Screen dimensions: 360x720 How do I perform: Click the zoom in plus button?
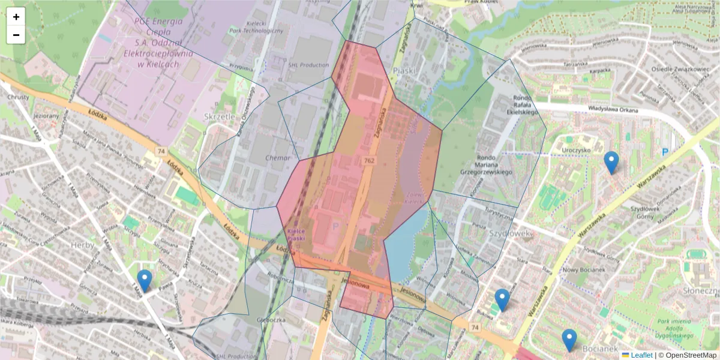(x=16, y=17)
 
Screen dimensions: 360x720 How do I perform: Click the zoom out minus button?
(x=16, y=35)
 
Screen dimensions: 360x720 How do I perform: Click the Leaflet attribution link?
(x=641, y=355)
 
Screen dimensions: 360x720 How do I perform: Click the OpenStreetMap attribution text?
(x=690, y=355)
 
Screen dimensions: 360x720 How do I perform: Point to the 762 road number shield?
(x=370, y=161)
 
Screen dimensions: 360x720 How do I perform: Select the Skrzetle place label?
(x=220, y=116)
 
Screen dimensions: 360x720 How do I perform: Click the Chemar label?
(x=277, y=158)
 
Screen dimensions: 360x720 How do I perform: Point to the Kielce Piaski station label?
(x=296, y=235)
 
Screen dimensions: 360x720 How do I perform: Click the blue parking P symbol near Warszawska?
(x=664, y=152)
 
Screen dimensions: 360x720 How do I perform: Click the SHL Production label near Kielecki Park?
(x=308, y=65)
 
